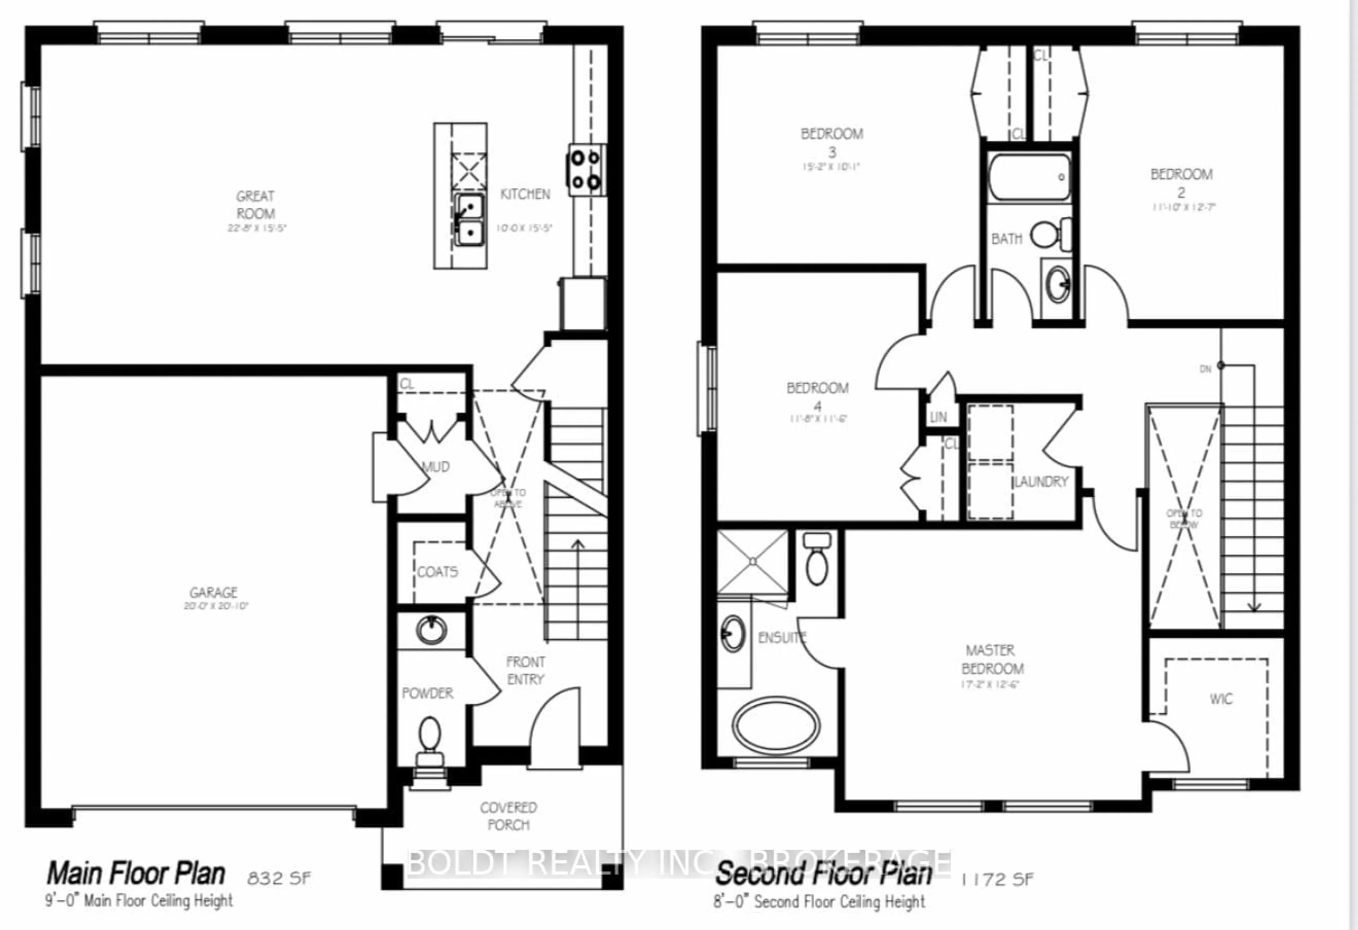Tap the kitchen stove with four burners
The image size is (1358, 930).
[586, 170]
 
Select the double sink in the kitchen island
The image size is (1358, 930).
[469, 220]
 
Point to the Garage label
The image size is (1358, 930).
[213, 592]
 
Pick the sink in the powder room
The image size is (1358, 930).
[432, 630]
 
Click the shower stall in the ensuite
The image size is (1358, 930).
[752, 562]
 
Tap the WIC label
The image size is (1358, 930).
[1221, 699]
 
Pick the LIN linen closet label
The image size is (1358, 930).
[938, 418]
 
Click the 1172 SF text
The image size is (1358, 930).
[998, 879]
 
